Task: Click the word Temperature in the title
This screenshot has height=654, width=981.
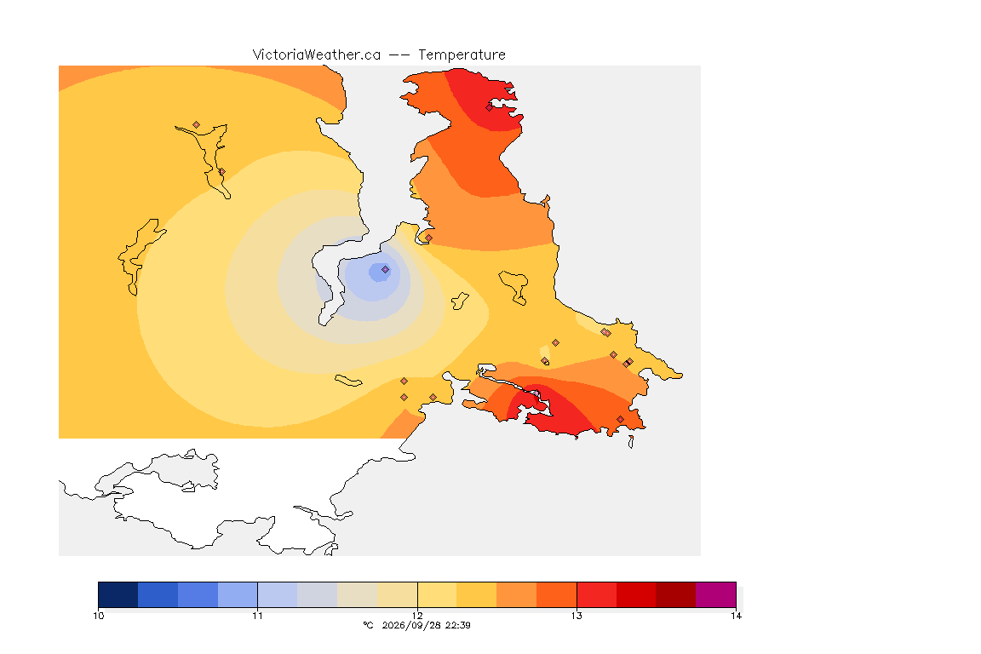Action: tap(462, 55)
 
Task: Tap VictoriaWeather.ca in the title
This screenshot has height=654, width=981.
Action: tap(317, 55)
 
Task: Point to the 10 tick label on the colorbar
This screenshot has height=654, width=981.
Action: tap(98, 616)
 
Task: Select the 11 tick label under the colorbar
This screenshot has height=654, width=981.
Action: tap(258, 616)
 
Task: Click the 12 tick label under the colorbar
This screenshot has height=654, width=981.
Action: tap(417, 616)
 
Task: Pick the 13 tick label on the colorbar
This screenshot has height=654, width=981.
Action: tap(577, 616)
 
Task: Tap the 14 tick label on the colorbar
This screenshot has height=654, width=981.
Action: tap(736, 616)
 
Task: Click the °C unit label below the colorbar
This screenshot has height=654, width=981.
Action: tap(368, 625)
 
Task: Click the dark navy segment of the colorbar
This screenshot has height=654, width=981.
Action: tap(118, 594)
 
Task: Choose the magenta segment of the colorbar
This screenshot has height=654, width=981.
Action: tap(715, 594)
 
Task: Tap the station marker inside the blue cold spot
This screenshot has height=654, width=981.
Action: tap(386, 270)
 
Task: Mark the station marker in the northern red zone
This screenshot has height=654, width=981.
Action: tap(490, 107)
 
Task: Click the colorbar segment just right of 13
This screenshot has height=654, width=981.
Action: tap(596, 594)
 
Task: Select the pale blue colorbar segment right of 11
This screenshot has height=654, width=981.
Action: tap(278, 594)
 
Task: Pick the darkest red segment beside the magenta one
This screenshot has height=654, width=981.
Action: tap(675, 594)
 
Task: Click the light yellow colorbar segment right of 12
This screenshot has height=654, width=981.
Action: tap(438, 594)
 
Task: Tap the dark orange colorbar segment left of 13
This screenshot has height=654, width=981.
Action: tap(556, 594)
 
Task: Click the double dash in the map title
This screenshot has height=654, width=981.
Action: tap(399, 55)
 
